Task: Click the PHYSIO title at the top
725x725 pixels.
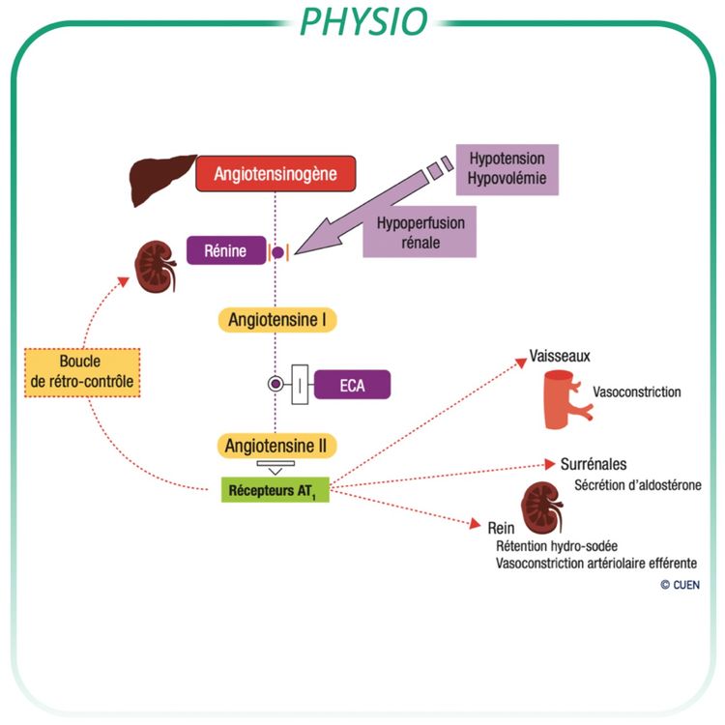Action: pyautogui.click(x=362, y=20)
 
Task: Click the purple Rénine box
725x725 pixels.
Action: pyautogui.click(x=224, y=252)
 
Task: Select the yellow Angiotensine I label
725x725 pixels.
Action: pyautogui.click(x=276, y=319)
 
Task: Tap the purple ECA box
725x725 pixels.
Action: pyautogui.click(x=352, y=384)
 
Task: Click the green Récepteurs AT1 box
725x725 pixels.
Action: pyautogui.click(x=275, y=489)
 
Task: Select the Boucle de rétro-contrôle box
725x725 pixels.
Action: pyautogui.click(x=81, y=372)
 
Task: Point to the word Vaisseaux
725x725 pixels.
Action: pyautogui.click(x=559, y=356)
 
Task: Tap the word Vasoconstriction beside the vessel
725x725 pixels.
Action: pyautogui.click(x=637, y=392)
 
